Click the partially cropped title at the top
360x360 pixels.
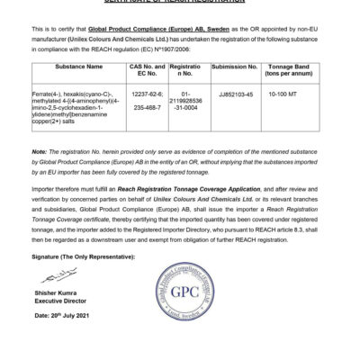click(x=179, y=3)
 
